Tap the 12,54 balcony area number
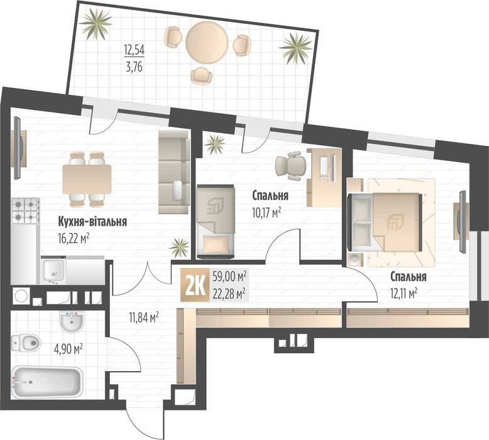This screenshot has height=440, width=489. point(134,50)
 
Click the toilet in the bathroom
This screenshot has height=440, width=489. point(26,343)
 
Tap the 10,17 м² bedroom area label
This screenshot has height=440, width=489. point(266,211)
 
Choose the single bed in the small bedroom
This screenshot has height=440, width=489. point(214,222)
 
